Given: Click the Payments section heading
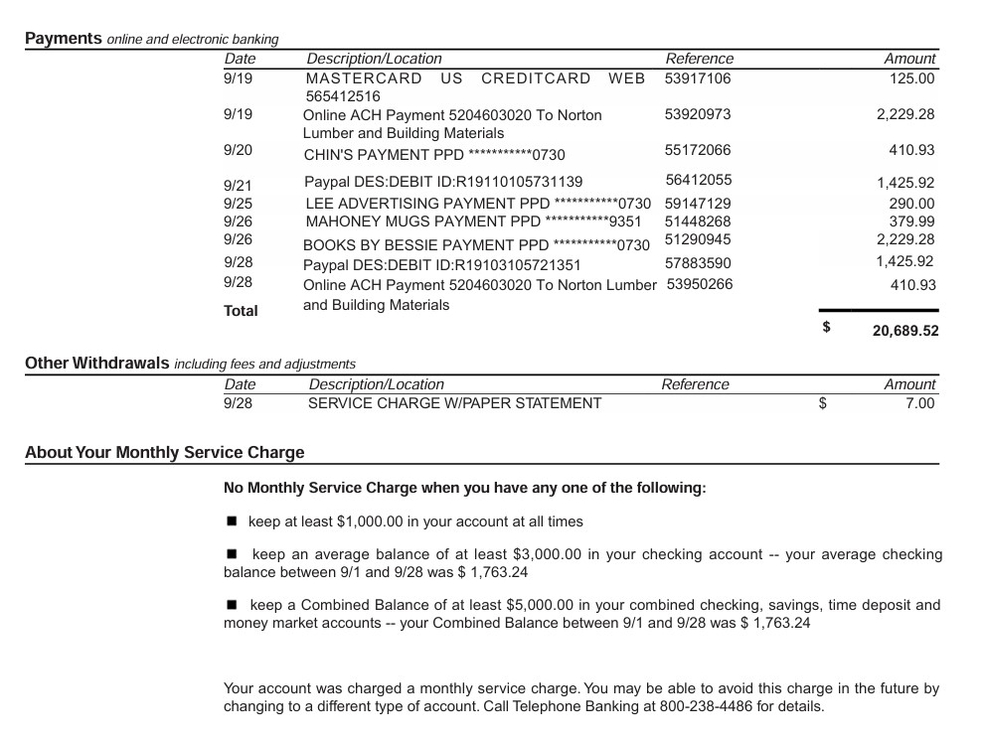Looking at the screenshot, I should [64, 39].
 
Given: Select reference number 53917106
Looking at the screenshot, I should [697, 78].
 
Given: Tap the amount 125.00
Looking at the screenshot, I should [911, 78].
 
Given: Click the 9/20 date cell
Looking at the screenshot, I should [239, 150].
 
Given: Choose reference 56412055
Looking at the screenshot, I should [698, 180].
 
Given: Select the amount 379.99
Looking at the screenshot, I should [911, 222].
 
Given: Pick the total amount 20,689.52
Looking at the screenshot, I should [904, 331].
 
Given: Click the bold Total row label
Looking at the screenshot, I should [241, 311].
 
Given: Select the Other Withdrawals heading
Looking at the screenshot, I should [97, 364].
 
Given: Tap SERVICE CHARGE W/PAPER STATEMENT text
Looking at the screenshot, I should [454, 403].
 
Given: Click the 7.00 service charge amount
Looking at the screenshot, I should [920, 403].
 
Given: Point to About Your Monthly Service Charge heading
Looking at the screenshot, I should [165, 453].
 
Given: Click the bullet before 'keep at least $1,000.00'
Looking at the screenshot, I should [232, 520].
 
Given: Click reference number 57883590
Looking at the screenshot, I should [698, 263].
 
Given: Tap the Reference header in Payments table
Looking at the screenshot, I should [699, 59].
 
